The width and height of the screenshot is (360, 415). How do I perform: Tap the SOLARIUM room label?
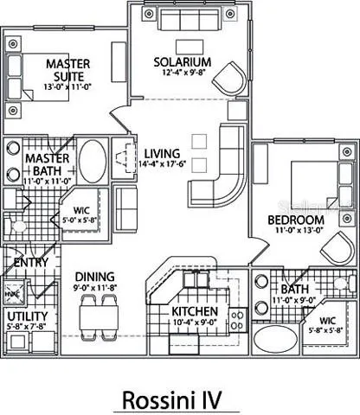point(183,62)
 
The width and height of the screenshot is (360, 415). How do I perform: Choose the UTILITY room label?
point(26,316)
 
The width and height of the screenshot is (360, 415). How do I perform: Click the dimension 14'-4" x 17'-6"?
point(163,160)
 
